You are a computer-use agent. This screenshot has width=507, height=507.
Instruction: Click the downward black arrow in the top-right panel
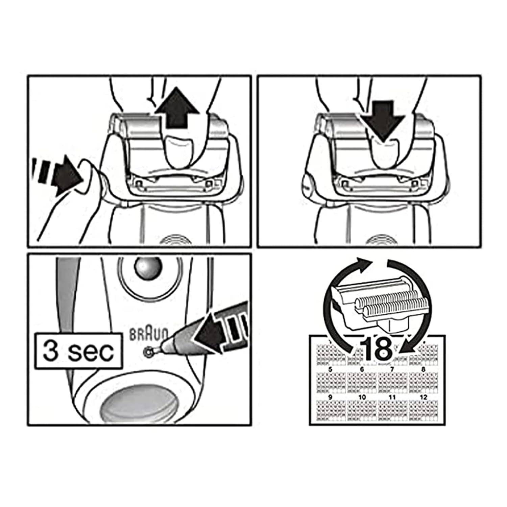click(x=382, y=120)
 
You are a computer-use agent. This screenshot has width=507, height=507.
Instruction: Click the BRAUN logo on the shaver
click(x=149, y=334)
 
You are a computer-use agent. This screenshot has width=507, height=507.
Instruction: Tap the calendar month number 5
click(x=330, y=370)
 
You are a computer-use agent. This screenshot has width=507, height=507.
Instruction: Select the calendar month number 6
click(x=362, y=370)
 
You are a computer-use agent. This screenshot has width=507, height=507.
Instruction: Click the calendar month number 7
click(x=392, y=370)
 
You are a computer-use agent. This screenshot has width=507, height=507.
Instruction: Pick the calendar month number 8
click(x=424, y=370)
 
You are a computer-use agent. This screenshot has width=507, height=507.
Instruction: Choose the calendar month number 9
click(x=330, y=397)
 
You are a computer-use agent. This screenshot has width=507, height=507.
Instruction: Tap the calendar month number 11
click(x=392, y=397)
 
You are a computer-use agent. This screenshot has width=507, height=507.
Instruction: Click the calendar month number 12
click(x=424, y=397)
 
